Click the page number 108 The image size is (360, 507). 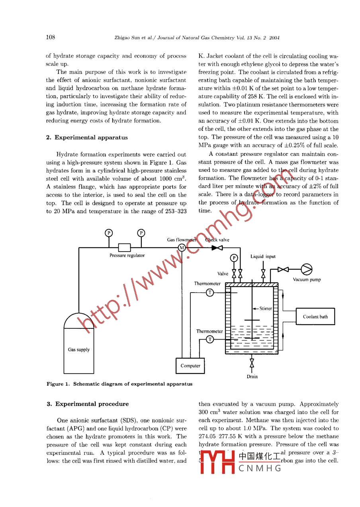(x=51, y=37)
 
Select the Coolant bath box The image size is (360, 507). (x=315, y=317)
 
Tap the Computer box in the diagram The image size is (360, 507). (x=190, y=366)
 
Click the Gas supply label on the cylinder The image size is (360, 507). (x=79, y=350)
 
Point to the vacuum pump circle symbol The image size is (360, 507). (x=306, y=269)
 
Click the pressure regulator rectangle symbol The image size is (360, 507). (x=125, y=248)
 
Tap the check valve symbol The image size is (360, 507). (x=217, y=248)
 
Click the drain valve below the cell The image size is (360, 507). (x=252, y=364)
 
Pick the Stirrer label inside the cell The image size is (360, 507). (x=266, y=309)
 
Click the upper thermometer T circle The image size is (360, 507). (x=210, y=293)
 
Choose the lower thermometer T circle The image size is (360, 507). (x=210, y=339)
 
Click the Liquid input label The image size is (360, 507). (x=263, y=257)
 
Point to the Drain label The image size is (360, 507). (x=252, y=377)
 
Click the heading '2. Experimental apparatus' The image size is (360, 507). (x=87, y=138)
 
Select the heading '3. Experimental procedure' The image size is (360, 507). (x=88, y=404)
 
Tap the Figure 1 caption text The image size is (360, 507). (x=119, y=384)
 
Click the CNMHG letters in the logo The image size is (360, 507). (x=260, y=468)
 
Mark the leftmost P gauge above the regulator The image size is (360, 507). (x=108, y=233)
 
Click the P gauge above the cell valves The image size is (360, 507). (x=234, y=258)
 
